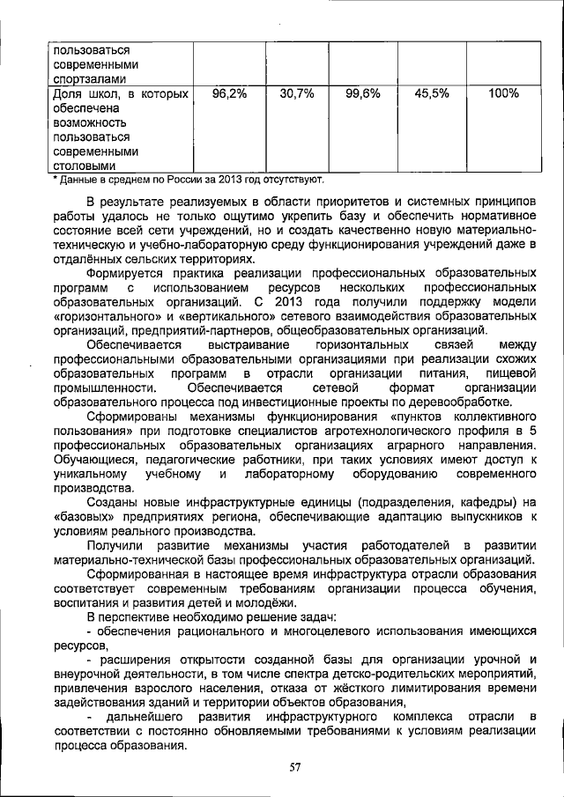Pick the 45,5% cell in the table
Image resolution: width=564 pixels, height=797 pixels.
point(428,92)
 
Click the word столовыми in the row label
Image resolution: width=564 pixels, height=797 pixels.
point(84,165)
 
